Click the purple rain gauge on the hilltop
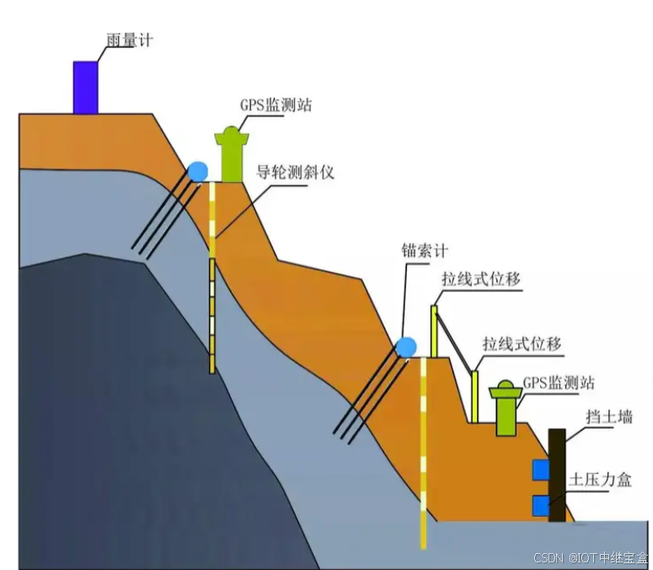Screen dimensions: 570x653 click(x=85, y=87)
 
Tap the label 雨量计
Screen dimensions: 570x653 click(x=131, y=40)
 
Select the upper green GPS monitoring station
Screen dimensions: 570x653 click(x=232, y=156)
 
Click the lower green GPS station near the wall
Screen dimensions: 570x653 click(x=506, y=409)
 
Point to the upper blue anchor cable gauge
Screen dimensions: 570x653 click(x=198, y=171)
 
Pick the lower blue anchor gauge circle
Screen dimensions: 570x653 click(x=407, y=346)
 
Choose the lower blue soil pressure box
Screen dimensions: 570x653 click(x=540, y=505)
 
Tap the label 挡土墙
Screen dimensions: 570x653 click(x=609, y=418)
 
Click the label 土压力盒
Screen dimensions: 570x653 click(x=601, y=480)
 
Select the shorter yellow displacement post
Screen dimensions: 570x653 click(x=474, y=396)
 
